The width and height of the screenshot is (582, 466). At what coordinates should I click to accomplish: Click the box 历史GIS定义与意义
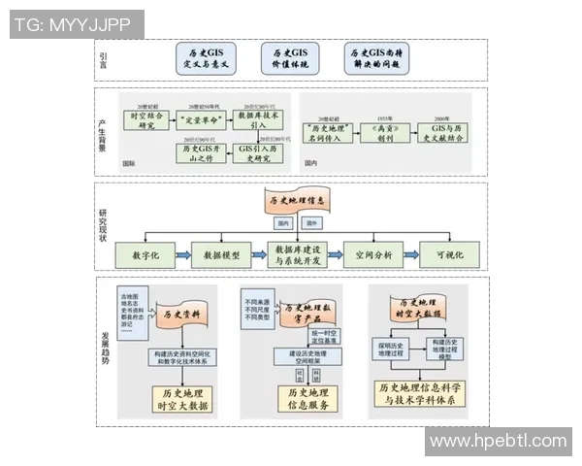205,57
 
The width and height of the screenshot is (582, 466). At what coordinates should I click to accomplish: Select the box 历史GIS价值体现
290,57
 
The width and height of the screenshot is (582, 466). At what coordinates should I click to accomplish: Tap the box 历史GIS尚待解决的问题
377,57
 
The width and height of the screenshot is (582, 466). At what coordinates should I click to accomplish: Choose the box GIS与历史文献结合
447,132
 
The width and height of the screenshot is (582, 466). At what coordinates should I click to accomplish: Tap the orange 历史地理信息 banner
293,200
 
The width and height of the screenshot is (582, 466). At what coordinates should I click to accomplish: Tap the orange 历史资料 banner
180,315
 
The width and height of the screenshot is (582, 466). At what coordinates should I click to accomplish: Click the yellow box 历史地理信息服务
300,398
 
